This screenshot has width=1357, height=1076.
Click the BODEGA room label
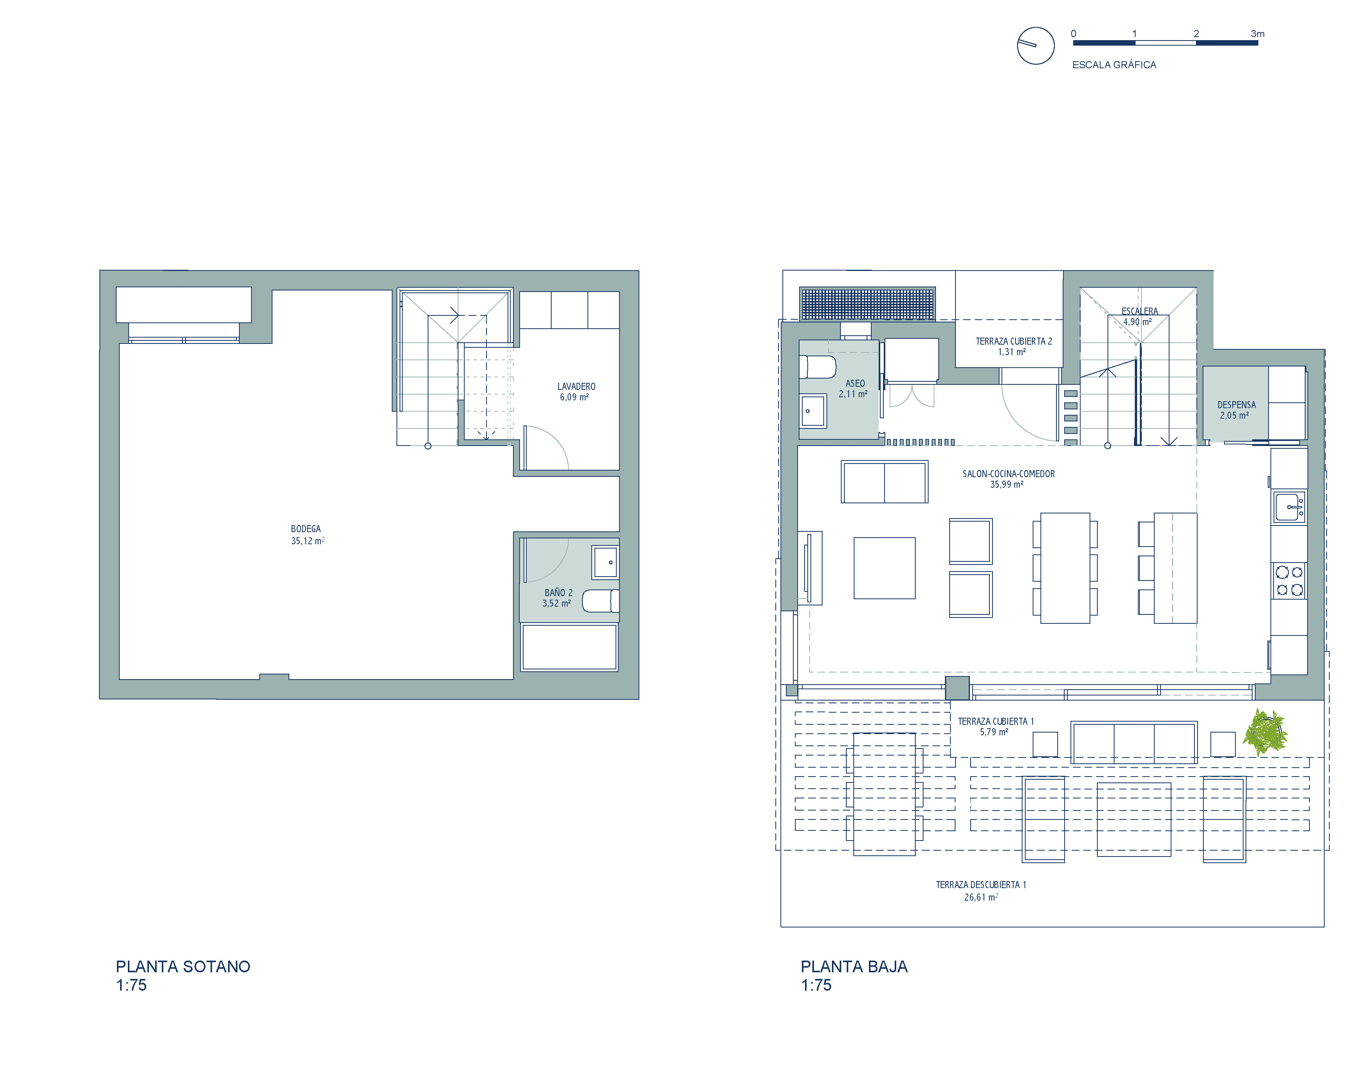[x=306, y=529]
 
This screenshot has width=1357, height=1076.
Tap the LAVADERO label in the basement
[x=576, y=387]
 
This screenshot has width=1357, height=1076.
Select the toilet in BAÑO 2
[x=600, y=601]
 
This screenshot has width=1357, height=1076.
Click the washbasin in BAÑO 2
[x=605, y=562]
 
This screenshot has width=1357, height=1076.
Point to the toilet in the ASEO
[x=817, y=367]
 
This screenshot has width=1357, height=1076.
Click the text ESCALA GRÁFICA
[x=1114, y=65]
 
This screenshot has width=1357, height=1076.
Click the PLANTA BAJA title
[x=854, y=966]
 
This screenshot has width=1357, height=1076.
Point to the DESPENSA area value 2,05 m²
[x=1234, y=416]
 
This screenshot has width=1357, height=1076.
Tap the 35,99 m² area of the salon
[x=1007, y=485]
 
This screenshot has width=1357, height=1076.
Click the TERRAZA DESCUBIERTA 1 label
[x=981, y=885]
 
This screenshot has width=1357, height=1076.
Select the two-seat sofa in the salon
[x=884, y=481]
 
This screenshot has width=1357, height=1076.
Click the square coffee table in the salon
[x=884, y=568]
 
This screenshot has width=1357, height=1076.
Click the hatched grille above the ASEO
[x=867, y=303]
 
